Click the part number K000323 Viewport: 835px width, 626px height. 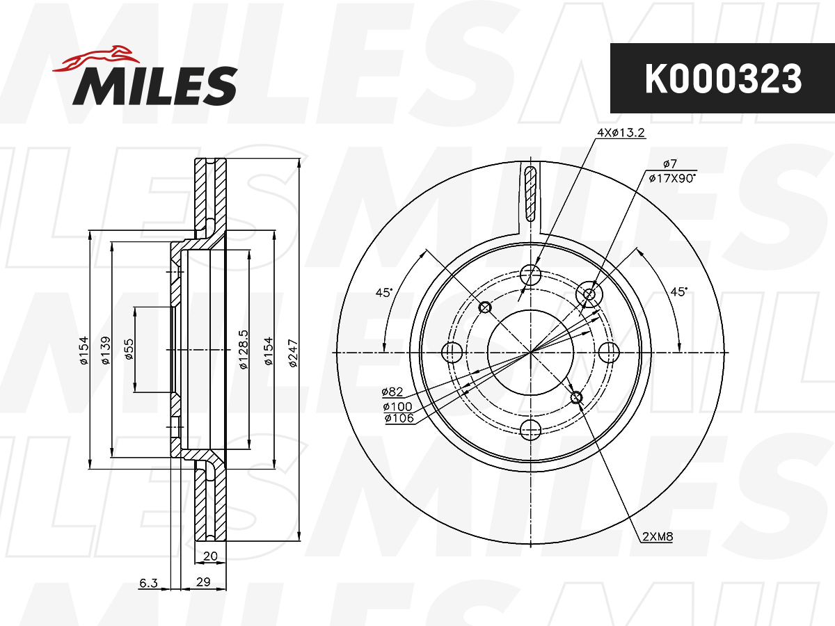point(722,79)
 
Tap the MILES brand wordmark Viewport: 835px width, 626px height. point(154,86)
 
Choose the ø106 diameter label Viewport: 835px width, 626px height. point(399,418)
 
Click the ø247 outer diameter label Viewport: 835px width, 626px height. point(292,352)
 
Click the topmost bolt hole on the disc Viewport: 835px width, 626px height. point(531,273)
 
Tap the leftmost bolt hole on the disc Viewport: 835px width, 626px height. point(452,352)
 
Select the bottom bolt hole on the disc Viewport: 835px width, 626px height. point(531,431)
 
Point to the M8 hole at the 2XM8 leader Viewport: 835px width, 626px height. point(575,397)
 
